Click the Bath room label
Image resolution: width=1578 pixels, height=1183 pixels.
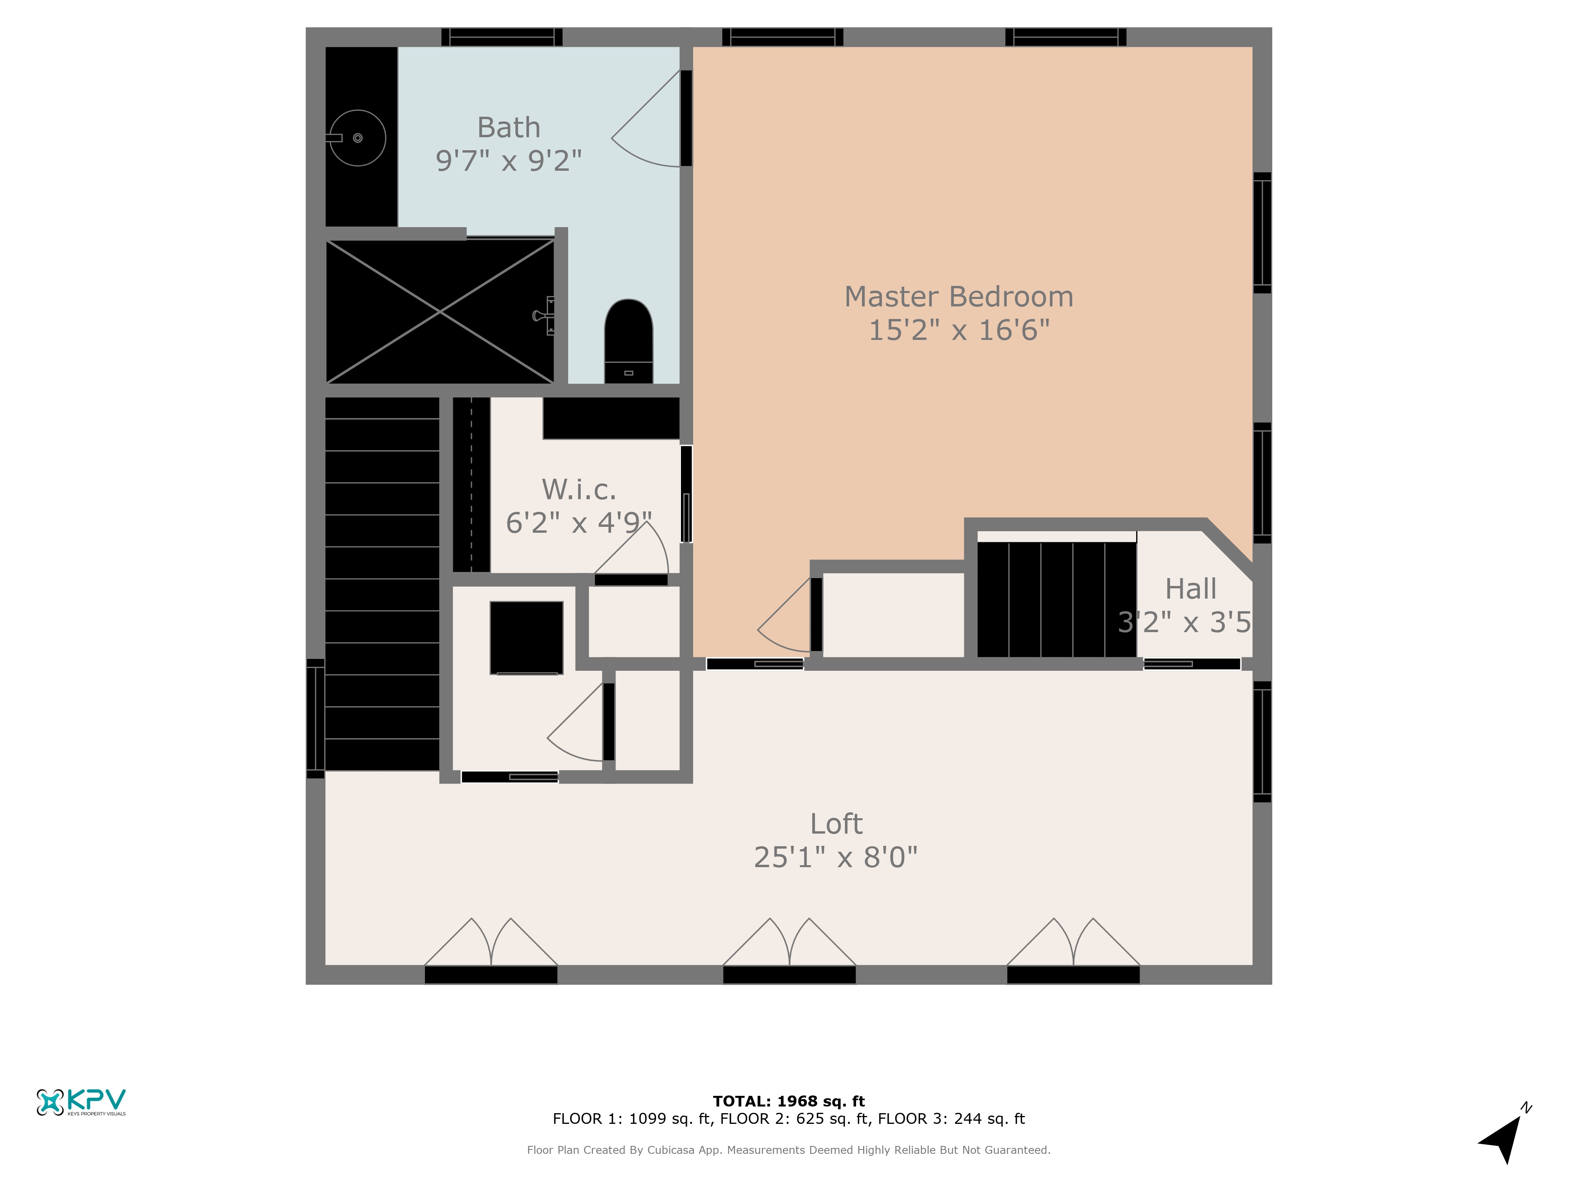pos(509,128)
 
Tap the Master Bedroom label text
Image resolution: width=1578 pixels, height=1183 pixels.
pos(959,297)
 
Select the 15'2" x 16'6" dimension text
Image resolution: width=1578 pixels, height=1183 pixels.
pos(959,330)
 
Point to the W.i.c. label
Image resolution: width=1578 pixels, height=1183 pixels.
pos(579,490)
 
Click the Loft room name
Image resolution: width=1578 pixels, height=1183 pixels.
pos(836,824)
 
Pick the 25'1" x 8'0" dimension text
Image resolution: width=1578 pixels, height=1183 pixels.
pos(836,857)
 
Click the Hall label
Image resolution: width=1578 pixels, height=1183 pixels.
pos(1191,589)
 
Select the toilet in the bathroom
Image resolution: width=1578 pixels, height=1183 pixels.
pos(628,341)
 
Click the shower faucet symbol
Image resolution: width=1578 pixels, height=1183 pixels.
pos(544,315)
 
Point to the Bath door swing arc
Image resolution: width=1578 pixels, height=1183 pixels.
pos(646,118)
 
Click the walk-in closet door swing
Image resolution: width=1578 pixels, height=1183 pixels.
pos(631,548)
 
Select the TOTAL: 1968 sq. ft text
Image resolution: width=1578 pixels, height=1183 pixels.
pos(788,1101)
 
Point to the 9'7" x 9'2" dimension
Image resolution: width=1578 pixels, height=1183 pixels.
pos(509,161)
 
